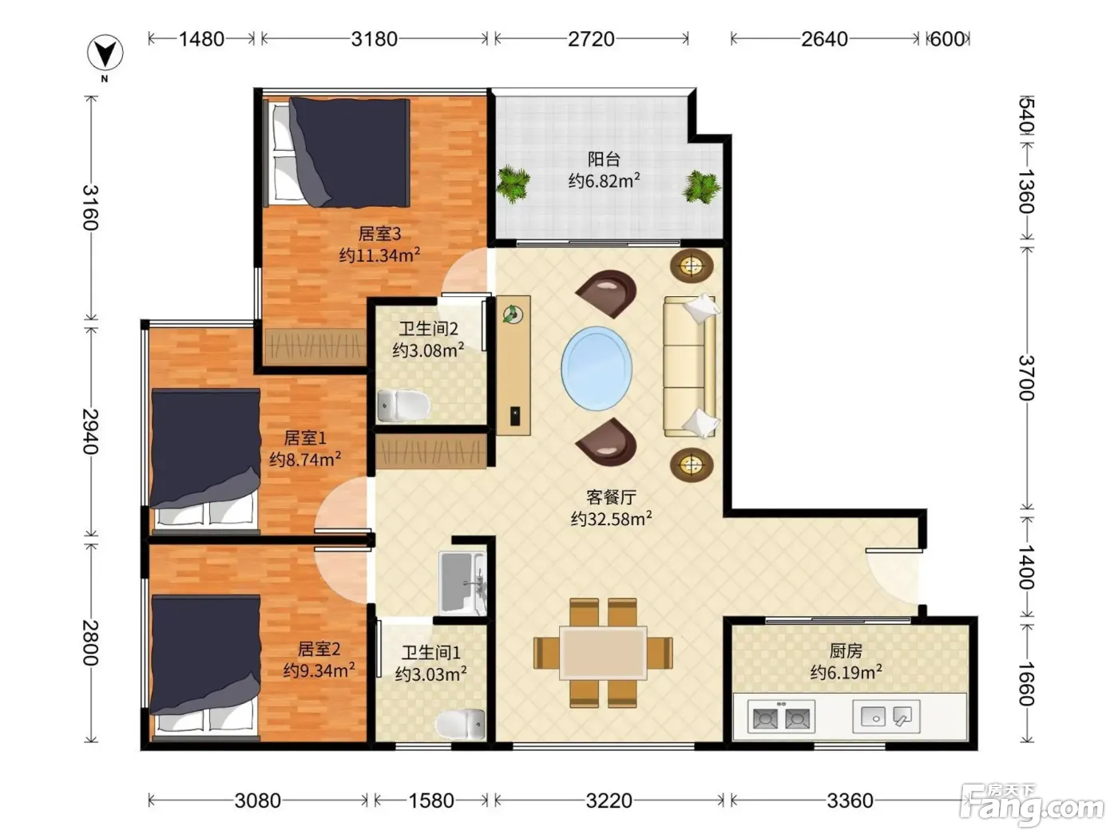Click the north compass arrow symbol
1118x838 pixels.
click(105, 53)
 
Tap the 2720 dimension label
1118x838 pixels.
click(591, 39)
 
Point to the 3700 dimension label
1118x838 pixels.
click(1026, 378)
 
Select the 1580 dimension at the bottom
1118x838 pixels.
click(431, 800)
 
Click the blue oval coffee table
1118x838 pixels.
click(597, 369)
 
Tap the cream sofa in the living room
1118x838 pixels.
click(690, 366)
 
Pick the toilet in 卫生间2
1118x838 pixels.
click(403, 405)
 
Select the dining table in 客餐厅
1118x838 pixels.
click(603, 653)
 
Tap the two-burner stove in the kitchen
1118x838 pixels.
click(781, 717)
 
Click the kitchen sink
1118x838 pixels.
click(886, 717)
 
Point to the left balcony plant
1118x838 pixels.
click(513, 184)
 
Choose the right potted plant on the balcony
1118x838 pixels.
click(701, 187)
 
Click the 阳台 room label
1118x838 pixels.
click(604, 160)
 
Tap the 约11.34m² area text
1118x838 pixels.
click(379, 255)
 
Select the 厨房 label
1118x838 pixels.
click(846, 650)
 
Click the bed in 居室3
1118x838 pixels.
click(337, 152)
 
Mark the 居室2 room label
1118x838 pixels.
click(319, 649)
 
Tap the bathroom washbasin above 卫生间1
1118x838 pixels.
click(462, 583)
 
